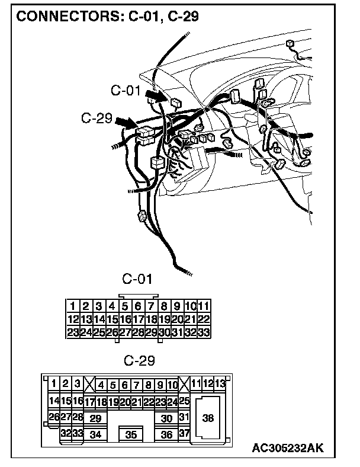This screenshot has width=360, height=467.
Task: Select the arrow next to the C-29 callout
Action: pos(126,123)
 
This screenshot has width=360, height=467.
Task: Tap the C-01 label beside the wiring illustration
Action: pos(126,91)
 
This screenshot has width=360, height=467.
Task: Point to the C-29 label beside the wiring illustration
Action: pos(97,118)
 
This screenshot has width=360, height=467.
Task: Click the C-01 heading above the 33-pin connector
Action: pos(137,279)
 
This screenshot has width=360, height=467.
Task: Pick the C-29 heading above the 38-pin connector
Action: pos(139,360)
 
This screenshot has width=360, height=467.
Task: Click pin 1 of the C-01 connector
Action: pos(72,306)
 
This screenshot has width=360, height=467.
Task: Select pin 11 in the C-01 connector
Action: pos(203,306)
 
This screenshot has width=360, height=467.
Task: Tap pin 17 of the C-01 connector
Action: pos(138,319)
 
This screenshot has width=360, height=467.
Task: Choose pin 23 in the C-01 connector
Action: pos(73,332)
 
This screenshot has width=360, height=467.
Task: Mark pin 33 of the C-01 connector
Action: pos(203,332)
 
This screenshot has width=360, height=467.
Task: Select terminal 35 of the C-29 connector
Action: pos(131,434)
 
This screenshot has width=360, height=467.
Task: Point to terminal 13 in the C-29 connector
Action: pos(220,383)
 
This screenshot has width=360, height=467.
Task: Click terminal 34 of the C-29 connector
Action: pos(95,434)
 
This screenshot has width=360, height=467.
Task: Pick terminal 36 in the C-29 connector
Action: pos(166,434)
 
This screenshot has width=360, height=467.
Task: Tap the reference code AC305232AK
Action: pos(287,448)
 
